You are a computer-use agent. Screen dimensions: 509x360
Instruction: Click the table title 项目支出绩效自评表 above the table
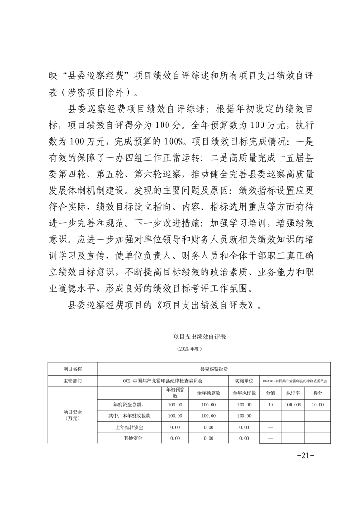(x=200, y=337)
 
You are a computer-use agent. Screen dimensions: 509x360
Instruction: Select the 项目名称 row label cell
(x=72, y=369)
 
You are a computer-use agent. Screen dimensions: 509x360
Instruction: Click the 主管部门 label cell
(x=72, y=381)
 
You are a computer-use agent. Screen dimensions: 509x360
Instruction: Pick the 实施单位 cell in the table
(x=244, y=381)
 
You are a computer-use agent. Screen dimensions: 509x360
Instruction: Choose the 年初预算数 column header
(x=175, y=392)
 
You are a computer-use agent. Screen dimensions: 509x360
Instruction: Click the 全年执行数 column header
(x=244, y=392)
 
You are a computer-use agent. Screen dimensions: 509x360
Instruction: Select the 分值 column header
(x=270, y=392)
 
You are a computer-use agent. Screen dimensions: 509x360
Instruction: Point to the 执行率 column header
(x=293, y=392)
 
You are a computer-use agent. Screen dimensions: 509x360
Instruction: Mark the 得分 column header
(x=318, y=392)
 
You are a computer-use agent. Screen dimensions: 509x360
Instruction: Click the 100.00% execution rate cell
(x=293, y=404)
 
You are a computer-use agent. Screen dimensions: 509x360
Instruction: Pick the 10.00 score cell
(x=318, y=404)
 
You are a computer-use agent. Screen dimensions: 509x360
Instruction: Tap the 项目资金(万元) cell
(x=72, y=415)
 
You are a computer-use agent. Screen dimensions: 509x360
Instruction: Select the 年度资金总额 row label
(x=128, y=404)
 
